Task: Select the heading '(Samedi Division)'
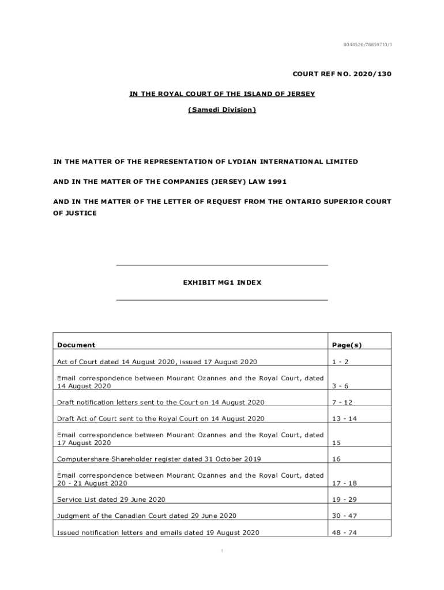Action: point(222,109)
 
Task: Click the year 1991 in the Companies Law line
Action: point(276,181)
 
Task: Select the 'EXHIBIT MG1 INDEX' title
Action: point(222,283)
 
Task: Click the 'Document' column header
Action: point(76,345)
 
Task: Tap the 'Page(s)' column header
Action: point(347,345)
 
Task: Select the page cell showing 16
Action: point(336,459)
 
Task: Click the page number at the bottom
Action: point(222,551)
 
